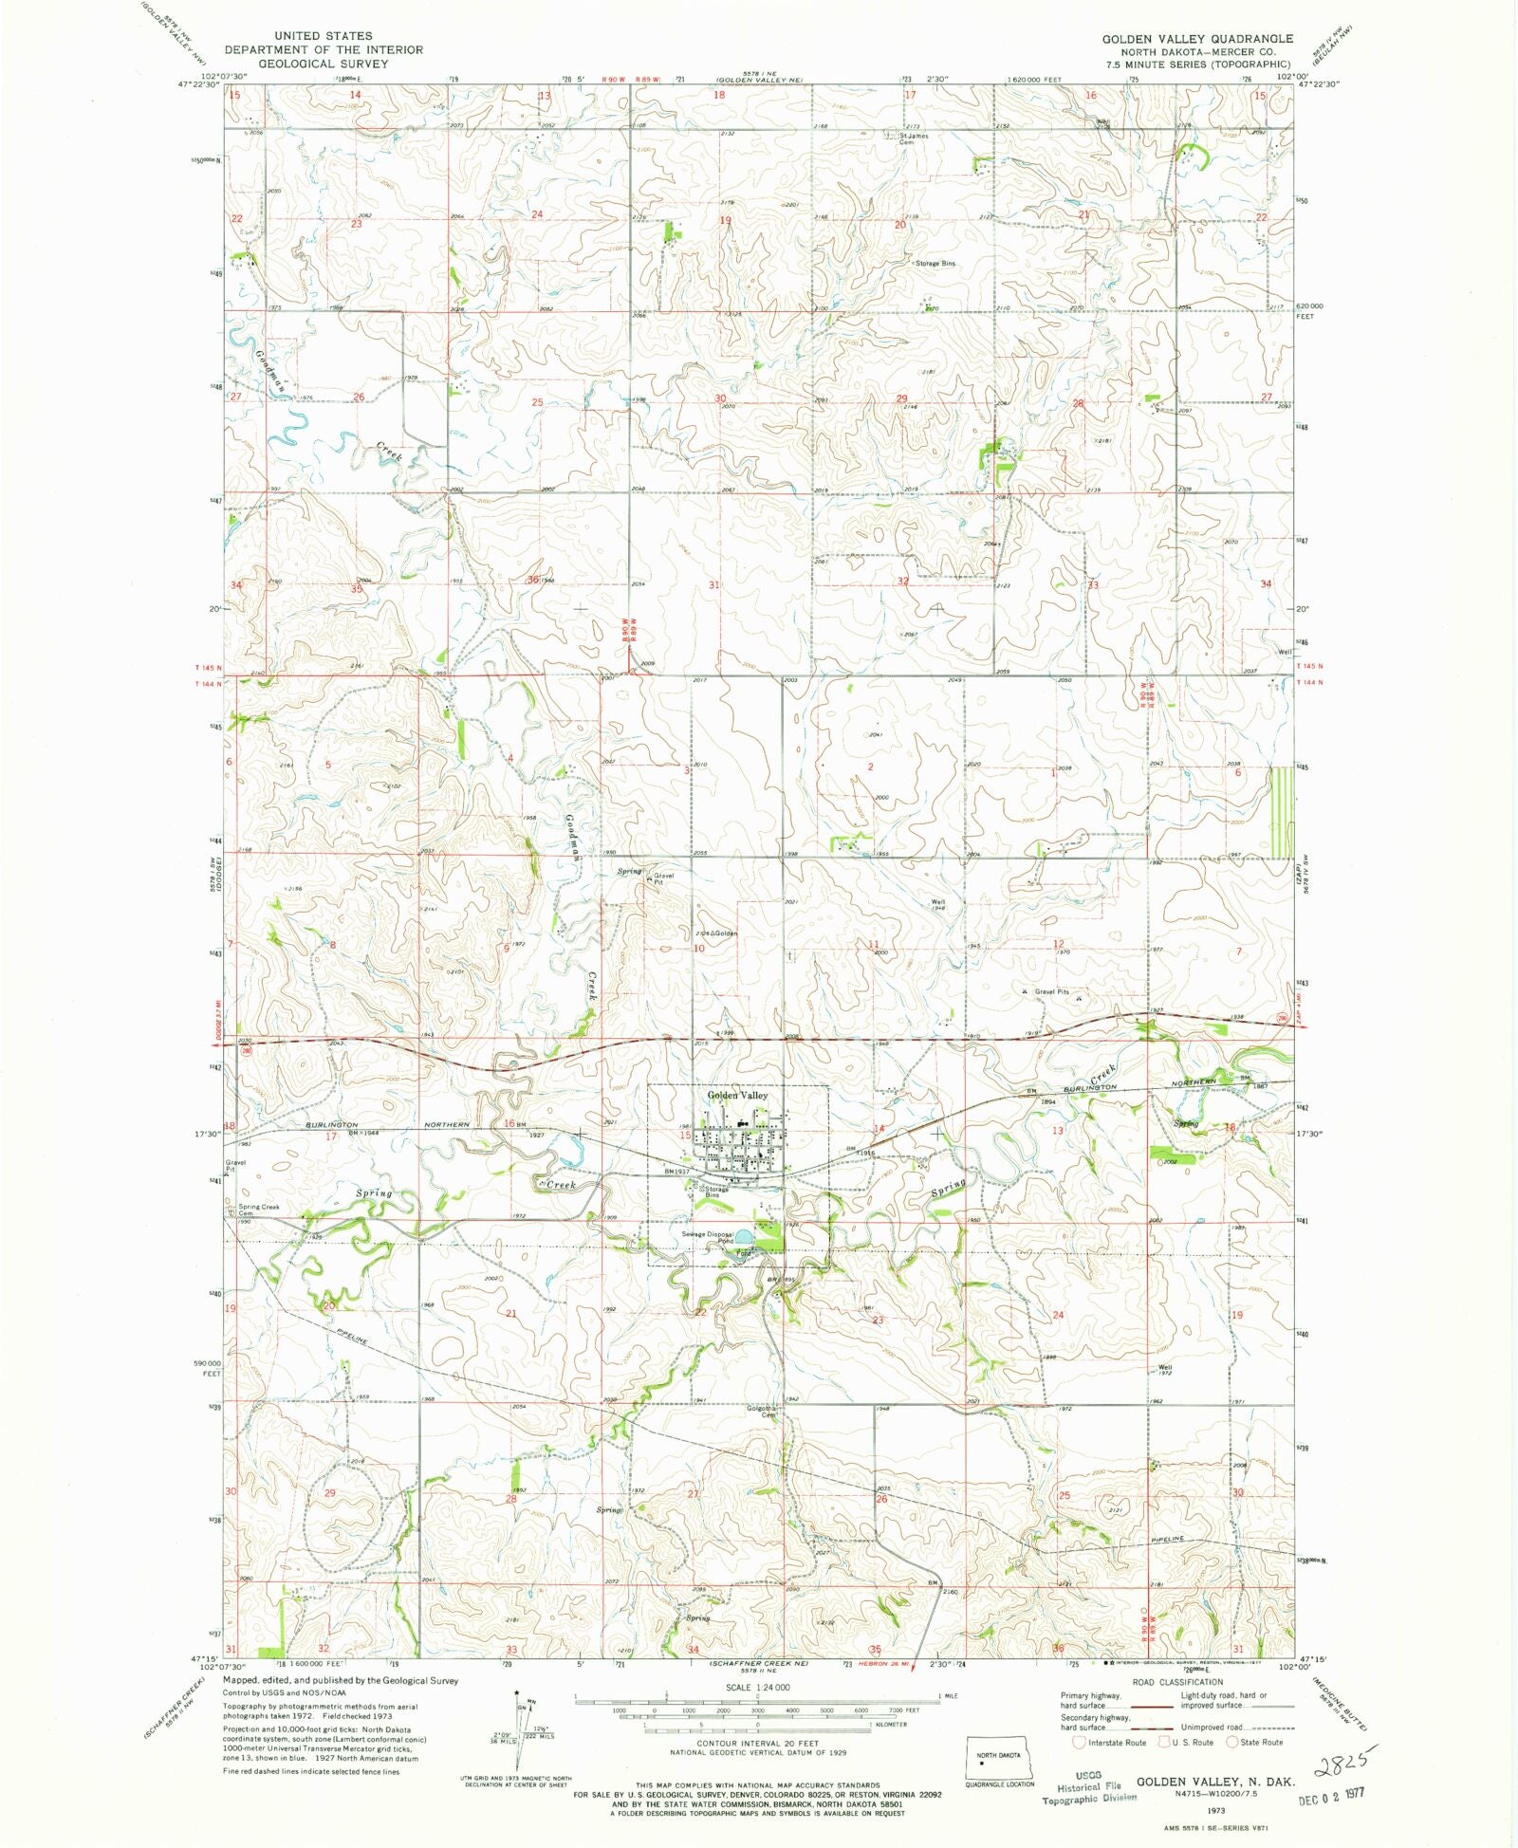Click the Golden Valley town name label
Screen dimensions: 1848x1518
point(737,1096)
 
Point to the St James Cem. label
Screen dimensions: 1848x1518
point(914,139)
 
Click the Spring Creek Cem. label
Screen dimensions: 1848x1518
point(258,1210)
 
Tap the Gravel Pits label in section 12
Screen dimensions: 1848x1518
point(1051,992)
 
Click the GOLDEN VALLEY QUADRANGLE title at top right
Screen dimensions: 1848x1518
point(1196,39)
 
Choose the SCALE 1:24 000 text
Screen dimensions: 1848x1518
point(756,1688)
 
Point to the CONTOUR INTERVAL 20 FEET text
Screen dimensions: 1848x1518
point(756,1744)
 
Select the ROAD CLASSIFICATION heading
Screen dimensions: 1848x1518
point(1176,1682)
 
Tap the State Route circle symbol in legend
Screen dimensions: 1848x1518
point(1232,1742)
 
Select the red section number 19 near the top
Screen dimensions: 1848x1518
point(726,220)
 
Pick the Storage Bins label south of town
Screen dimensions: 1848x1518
point(715,1192)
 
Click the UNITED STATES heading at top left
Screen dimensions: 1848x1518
point(323,36)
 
